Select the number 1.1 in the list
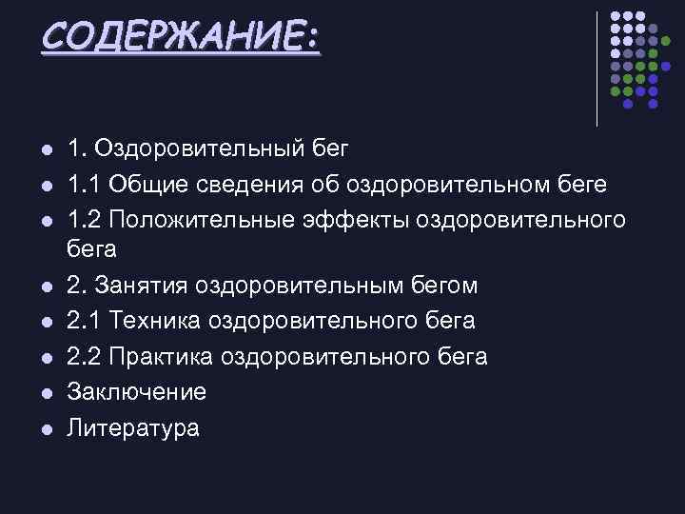[x=82, y=185]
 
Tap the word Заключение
[x=136, y=392]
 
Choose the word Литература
[x=133, y=428]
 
